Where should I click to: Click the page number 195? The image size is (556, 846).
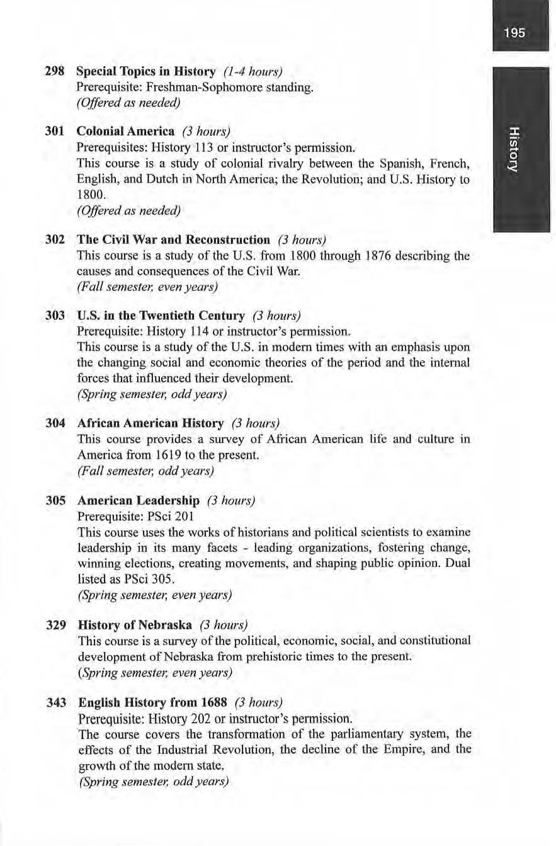point(514,33)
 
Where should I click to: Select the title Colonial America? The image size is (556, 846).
point(125,132)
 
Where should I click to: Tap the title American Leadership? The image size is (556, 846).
point(138,500)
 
